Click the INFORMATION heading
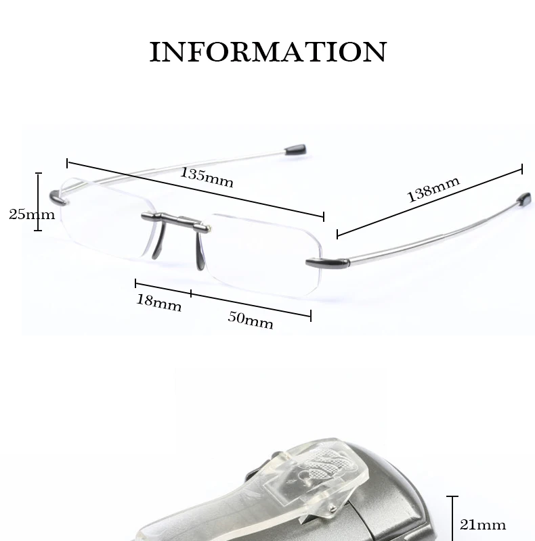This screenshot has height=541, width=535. click(x=267, y=52)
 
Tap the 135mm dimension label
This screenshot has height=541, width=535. click(x=206, y=177)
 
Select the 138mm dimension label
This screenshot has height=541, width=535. click(x=433, y=189)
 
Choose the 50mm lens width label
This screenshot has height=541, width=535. click(x=250, y=319)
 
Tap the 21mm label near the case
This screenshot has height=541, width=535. click(x=482, y=524)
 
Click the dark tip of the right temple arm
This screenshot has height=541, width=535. click(x=522, y=199)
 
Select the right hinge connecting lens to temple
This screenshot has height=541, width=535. click(x=320, y=262)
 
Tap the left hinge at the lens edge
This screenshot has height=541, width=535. click(x=59, y=200)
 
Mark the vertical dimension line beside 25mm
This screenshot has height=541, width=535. click(x=39, y=202)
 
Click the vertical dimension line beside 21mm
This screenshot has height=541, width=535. click(x=452, y=517)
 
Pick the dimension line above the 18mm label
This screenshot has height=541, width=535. click(x=163, y=288)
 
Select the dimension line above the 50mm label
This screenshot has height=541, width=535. click(x=251, y=304)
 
